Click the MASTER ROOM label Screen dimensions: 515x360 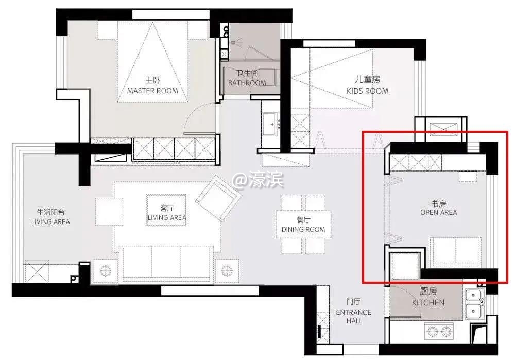[153, 91]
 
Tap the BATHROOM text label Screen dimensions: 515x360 [247, 83]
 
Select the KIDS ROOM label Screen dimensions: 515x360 [368, 91]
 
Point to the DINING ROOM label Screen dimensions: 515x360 [303, 229]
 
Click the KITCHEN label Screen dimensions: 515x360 [428, 302]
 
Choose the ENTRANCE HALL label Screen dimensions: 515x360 [354, 316]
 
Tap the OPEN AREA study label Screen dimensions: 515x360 [438, 213]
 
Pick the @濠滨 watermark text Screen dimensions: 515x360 [258, 180]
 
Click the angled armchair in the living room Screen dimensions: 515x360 [218, 198]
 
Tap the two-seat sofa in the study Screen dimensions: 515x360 [456, 251]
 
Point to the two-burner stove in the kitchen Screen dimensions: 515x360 [439, 332]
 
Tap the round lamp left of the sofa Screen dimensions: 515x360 [105, 271]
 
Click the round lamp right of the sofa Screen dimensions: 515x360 [227, 271]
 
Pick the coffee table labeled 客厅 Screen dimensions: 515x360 [166, 210]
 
